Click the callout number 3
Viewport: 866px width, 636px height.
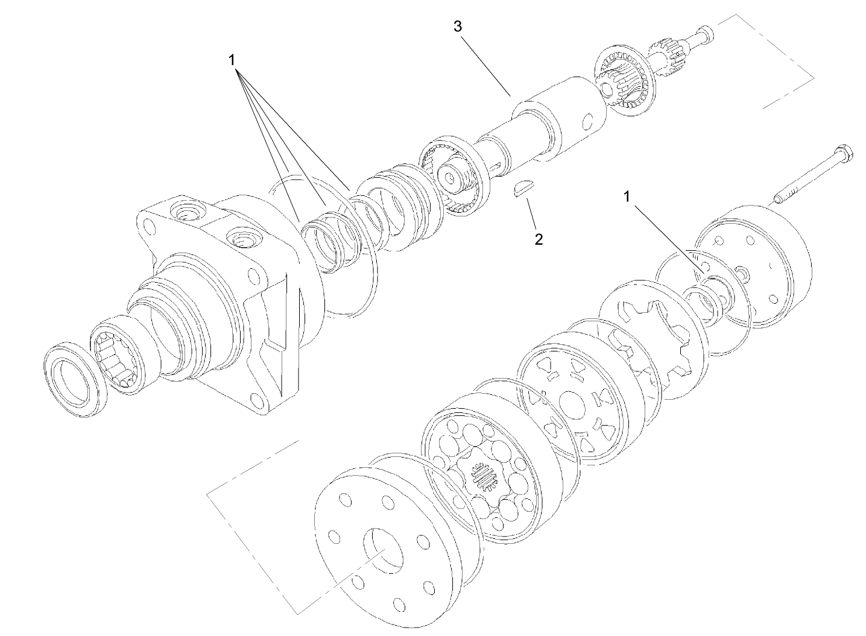click(x=458, y=26)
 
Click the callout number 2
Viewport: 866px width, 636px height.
click(x=539, y=239)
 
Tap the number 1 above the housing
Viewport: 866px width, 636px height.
click(x=232, y=60)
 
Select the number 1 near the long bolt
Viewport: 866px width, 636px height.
click(x=628, y=197)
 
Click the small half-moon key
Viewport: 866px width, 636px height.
click(x=523, y=188)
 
